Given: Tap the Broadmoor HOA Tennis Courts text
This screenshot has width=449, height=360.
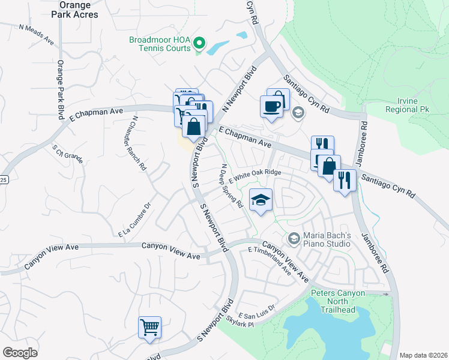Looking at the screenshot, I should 160,44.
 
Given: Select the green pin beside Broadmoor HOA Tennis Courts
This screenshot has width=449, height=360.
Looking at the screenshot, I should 200,43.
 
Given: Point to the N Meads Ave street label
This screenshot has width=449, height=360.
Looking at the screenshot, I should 37,35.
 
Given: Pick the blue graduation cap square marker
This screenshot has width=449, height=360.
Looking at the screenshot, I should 261,200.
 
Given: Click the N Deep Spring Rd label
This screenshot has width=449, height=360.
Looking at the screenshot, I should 232,185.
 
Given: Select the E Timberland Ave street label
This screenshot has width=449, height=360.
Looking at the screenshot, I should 269,262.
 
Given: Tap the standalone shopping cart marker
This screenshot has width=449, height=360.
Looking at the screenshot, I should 149,328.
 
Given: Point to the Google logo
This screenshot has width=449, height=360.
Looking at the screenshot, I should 20,352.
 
